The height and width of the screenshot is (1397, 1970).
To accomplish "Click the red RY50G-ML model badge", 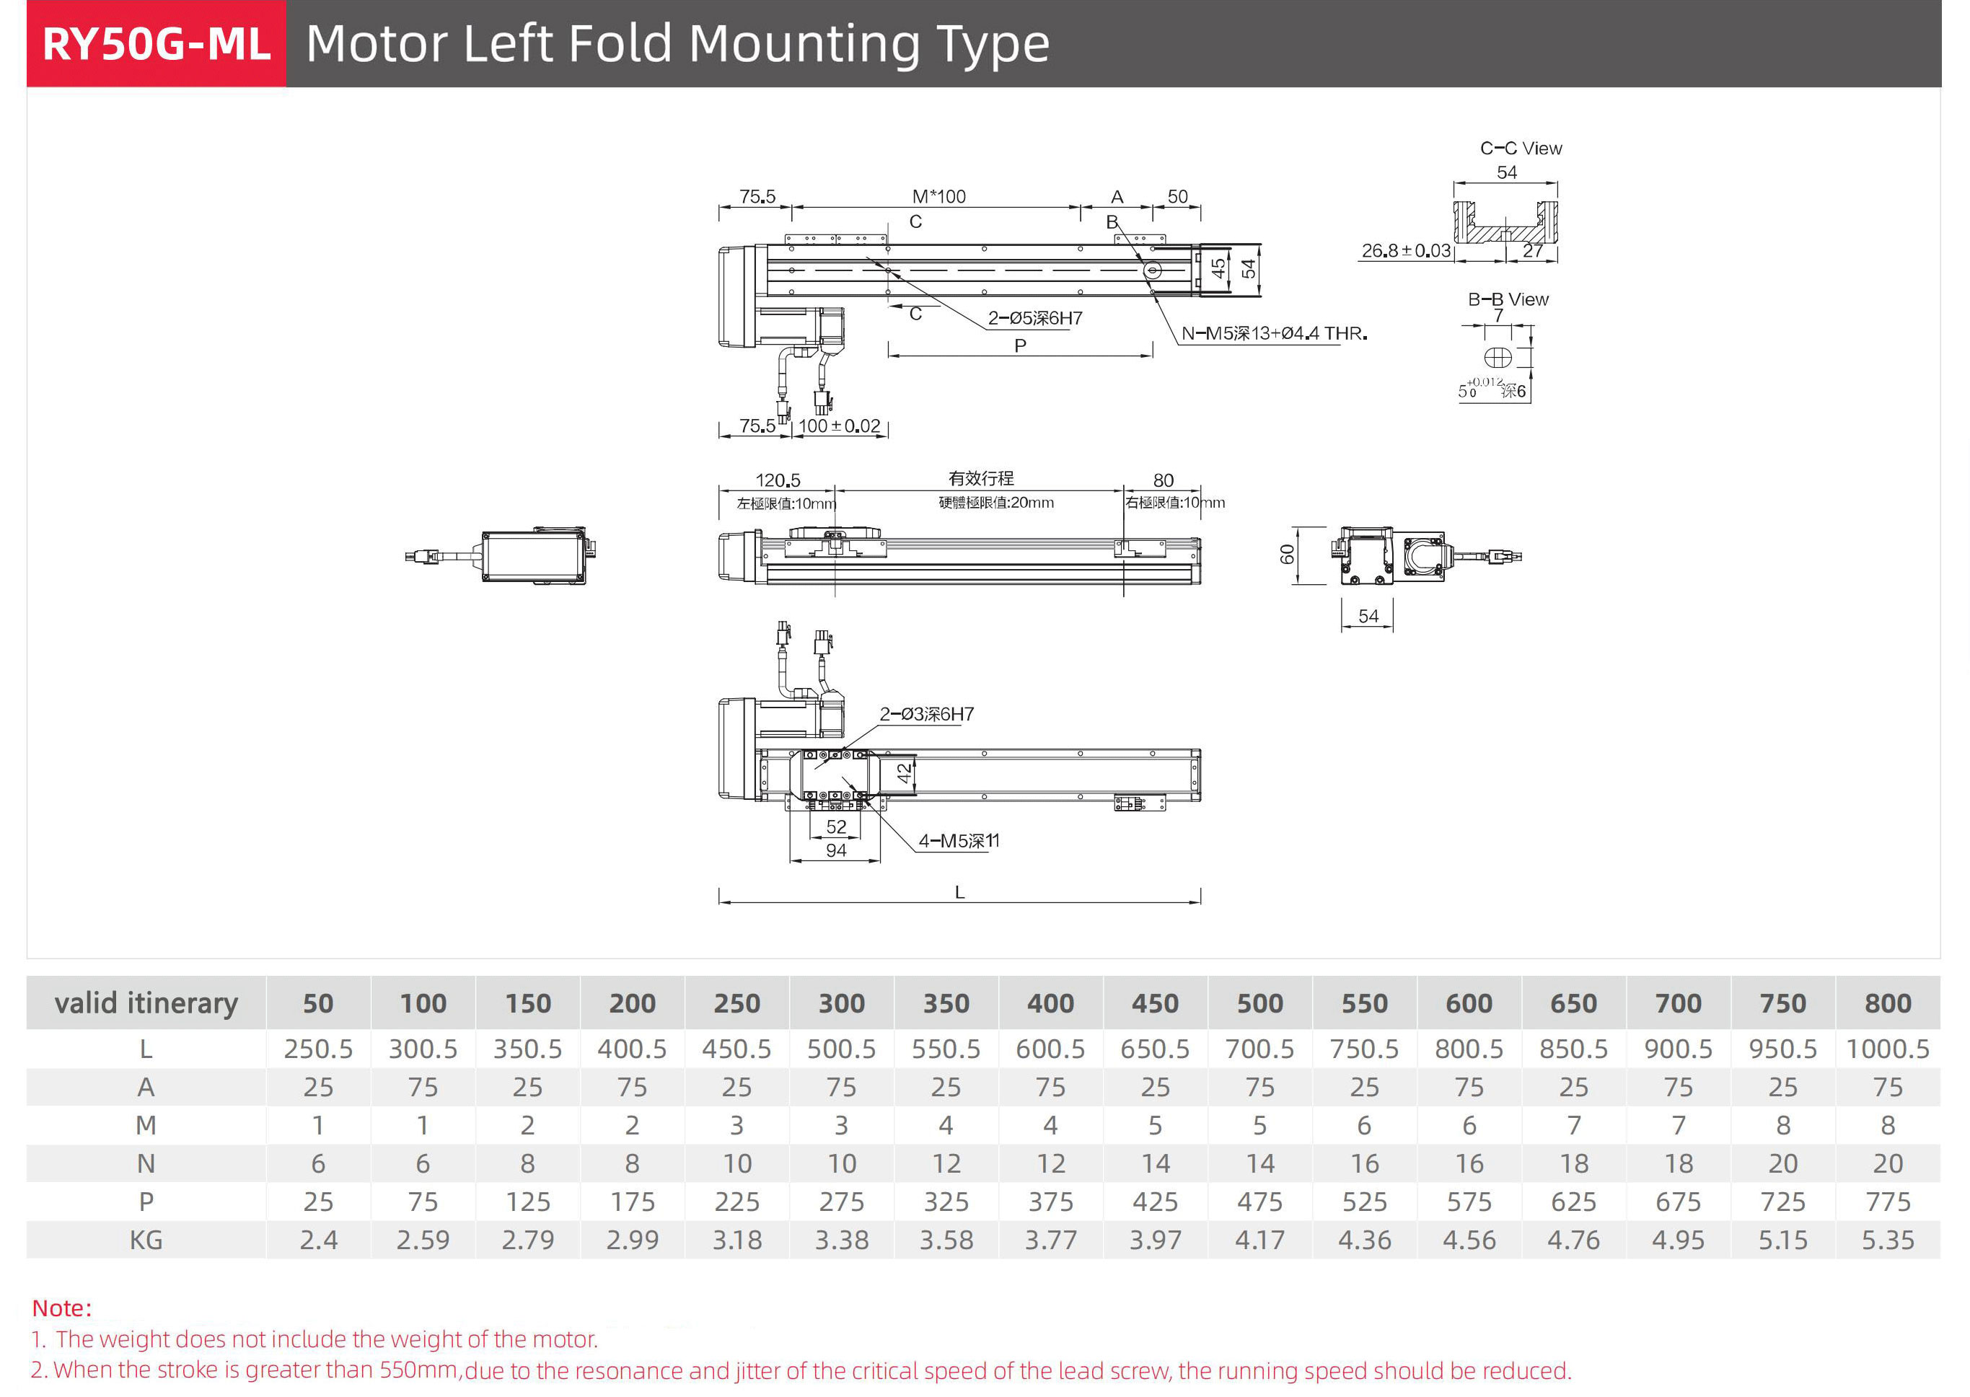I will (x=156, y=43).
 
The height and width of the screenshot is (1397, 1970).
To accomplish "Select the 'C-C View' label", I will (x=1520, y=148).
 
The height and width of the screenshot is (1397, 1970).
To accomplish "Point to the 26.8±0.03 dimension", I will (x=1404, y=250).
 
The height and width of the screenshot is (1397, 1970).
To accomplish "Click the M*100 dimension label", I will (x=938, y=196).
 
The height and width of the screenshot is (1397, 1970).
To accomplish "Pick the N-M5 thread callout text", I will (x=1273, y=333).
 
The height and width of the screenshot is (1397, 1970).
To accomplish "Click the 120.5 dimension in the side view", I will (x=778, y=480).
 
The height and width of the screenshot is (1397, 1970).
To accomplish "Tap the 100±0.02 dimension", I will (x=839, y=426).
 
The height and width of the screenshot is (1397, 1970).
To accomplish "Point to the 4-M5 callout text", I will (x=959, y=840).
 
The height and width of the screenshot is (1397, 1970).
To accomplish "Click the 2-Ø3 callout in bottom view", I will (x=925, y=714).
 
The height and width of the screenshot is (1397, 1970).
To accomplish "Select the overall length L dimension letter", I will (x=959, y=893).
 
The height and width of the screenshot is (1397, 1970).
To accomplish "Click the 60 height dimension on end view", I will (x=1287, y=555).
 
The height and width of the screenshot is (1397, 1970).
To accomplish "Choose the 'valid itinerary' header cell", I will (x=146, y=1003).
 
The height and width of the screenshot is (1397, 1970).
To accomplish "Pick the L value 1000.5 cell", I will (x=1888, y=1049).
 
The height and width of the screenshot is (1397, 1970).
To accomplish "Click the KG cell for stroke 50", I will (x=318, y=1240).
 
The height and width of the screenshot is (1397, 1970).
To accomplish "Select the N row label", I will (x=146, y=1163).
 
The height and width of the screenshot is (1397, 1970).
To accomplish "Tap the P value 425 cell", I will (x=1156, y=1202).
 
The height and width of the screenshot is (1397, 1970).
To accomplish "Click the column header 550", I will (x=1364, y=1003).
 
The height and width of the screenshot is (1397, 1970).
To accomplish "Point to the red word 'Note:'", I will (x=62, y=1308).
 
